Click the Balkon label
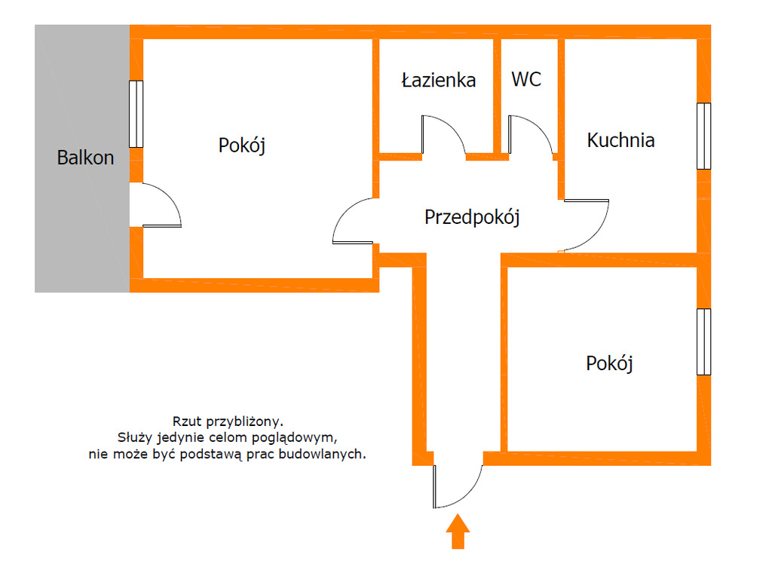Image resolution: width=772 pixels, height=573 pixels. (x=85, y=158)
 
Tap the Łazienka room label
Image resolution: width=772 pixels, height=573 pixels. (x=438, y=80)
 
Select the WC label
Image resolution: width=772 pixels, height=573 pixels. (x=526, y=79)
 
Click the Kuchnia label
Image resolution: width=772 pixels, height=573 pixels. (x=620, y=139)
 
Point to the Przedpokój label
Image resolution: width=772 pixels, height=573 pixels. (x=472, y=217)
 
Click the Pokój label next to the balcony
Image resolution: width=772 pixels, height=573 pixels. (x=242, y=145)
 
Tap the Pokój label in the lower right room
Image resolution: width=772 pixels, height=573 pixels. (x=609, y=363)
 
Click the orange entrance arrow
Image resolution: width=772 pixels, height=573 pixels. (x=457, y=532)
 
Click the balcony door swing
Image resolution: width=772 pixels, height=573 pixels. (x=159, y=205)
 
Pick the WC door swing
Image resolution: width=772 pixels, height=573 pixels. (x=532, y=135)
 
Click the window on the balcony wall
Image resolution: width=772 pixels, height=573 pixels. (x=136, y=114)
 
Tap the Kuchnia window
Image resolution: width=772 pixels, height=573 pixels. (x=703, y=136)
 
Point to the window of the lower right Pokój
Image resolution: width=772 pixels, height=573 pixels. (x=703, y=342)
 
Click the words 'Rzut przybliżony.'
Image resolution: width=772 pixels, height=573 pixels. (x=228, y=421)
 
